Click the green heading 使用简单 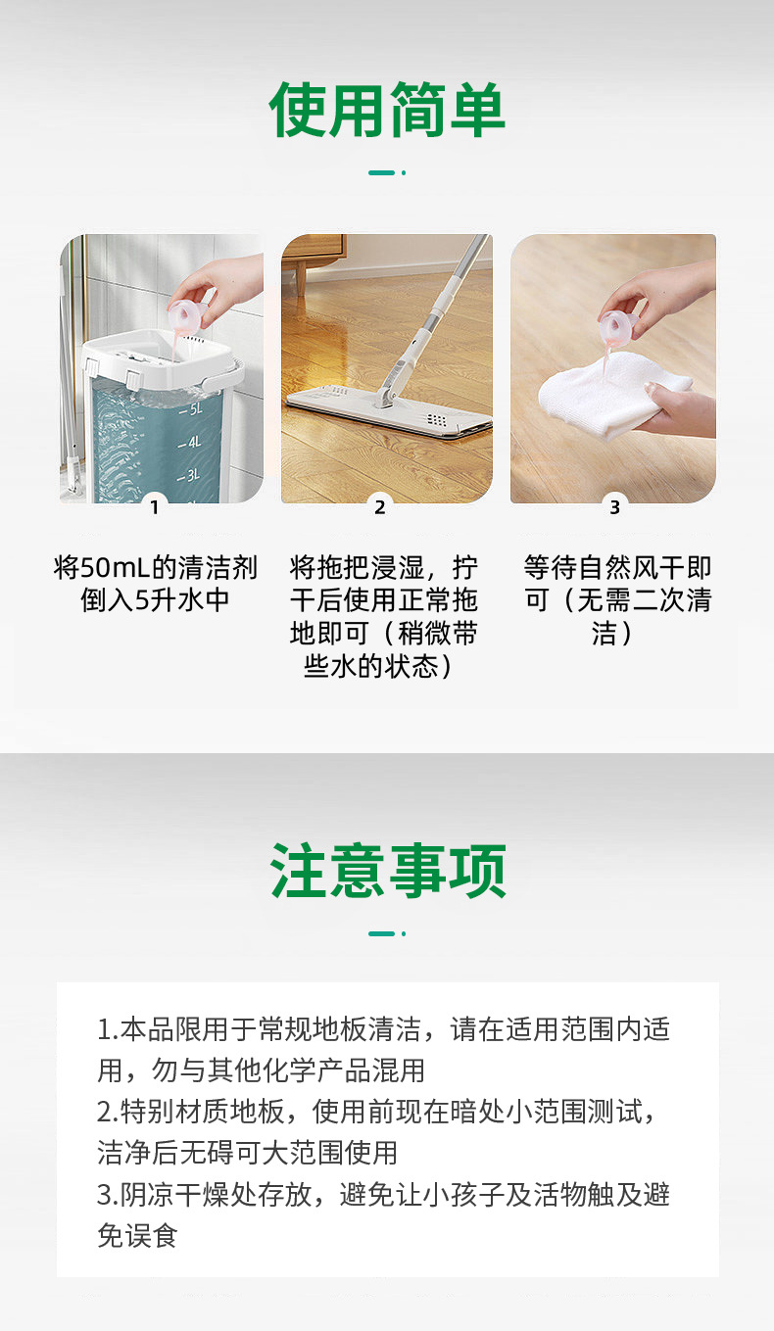tap(387, 110)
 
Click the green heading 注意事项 tap(388, 871)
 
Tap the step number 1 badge tap(155, 507)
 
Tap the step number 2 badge tap(380, 507)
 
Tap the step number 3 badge tap(614, 507)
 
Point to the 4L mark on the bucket tap(190, 443)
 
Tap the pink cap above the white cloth tap(618, 325)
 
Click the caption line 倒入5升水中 tap(155, 600)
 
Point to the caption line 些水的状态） tap(379, 667)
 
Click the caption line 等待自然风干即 tap(617, 567)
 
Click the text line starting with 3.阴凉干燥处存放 tap(383, 1194)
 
